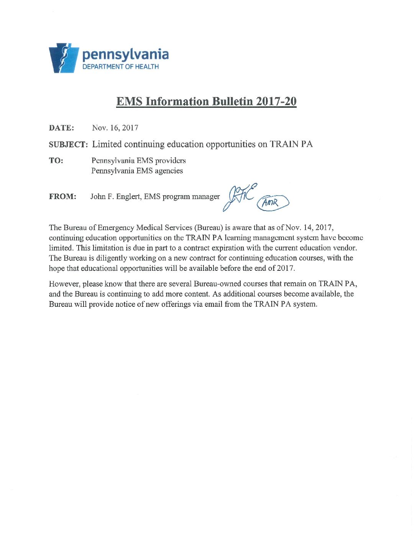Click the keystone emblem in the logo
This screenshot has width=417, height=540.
pos(63,58)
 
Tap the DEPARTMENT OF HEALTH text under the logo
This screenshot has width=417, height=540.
pos(121,67)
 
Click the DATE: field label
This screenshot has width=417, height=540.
pos(61,128)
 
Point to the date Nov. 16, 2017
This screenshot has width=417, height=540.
pos(115,128)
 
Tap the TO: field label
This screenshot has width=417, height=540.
pos(56,161)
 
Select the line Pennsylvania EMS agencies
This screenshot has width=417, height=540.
pos(137,171)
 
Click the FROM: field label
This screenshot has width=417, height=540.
pos(62,197)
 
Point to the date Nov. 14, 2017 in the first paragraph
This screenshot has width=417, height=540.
pos(309,227)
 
